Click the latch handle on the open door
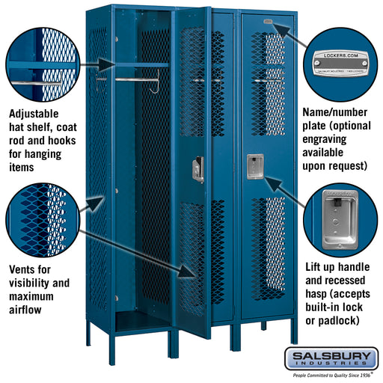pyautogui.click(x=198, y=169)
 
